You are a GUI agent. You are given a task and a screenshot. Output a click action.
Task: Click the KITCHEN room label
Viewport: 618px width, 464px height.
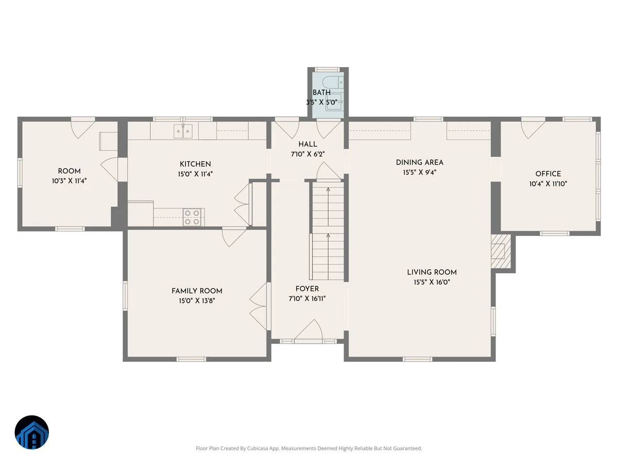point(195,164)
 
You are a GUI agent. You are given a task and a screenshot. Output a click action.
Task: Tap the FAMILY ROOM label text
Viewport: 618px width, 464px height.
point(197,291)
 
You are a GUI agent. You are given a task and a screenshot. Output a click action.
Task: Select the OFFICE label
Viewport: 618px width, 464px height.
point(548,174)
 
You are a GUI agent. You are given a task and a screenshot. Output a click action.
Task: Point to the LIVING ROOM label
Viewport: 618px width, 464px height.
point(432,272)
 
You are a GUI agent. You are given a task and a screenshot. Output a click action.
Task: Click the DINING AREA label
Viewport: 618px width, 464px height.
point(420,162)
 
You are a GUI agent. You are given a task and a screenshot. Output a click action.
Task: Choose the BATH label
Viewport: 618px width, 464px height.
point(321,92)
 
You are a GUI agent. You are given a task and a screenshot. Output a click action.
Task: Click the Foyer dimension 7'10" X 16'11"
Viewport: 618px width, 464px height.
point(307,299)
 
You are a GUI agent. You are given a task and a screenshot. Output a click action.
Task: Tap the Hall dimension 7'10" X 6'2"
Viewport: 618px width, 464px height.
point(308,154)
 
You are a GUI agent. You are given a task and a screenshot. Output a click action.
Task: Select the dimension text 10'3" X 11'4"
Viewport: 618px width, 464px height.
point(69,181)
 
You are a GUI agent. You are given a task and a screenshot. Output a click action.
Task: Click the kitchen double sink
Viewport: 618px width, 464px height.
point(183,131)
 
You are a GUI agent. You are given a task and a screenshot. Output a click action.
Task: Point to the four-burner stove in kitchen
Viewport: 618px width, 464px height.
point(192,217)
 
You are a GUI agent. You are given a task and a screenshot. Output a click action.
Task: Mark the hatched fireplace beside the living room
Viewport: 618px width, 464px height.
point(501,251)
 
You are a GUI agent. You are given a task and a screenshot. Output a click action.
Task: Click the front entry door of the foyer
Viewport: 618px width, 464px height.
point(308,331)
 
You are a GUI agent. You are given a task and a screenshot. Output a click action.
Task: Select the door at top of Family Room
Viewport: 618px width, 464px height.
point(234,237)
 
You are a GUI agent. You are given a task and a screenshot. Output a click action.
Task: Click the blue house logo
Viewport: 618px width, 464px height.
point(32,432)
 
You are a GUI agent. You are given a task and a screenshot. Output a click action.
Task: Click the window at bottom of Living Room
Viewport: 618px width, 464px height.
point(417,359)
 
